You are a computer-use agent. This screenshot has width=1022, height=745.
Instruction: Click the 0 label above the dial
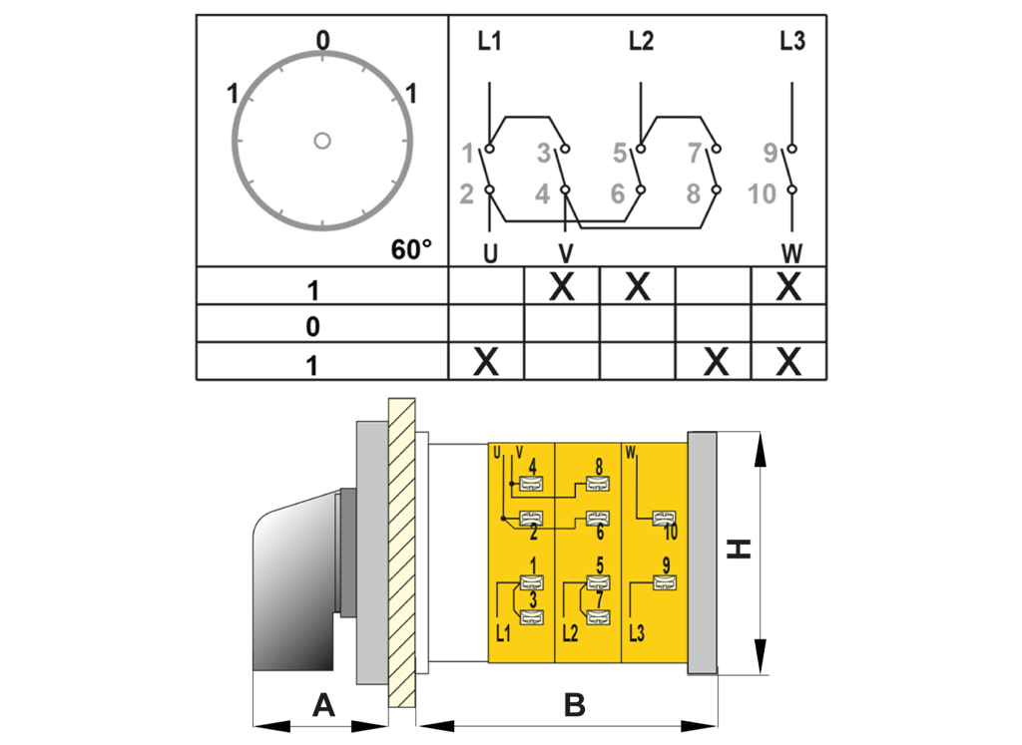321,40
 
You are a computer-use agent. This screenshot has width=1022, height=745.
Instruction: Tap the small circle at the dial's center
321,141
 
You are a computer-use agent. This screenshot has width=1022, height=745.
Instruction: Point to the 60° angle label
411,249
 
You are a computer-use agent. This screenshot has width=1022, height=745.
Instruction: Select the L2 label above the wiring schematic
641,42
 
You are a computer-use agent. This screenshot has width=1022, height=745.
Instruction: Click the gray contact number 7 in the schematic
695,153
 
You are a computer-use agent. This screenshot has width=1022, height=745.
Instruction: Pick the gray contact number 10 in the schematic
762,193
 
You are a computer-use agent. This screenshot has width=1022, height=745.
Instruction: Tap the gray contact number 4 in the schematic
542,193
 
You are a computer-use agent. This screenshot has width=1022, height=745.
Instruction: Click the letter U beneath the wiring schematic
490,254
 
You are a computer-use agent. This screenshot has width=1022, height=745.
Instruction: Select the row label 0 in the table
313,326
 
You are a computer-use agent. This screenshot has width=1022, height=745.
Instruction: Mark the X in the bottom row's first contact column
485,362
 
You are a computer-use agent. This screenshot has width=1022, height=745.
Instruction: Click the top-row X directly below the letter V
563,287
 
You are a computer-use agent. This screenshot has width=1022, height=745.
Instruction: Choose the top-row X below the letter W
788,287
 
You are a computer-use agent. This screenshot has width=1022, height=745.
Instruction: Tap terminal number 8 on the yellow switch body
598,466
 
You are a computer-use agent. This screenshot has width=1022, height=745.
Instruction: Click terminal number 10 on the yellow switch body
670,533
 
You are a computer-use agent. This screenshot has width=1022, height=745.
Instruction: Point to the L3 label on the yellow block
637,632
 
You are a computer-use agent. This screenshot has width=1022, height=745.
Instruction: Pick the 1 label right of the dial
410,95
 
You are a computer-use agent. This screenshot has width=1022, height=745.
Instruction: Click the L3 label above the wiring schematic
792,42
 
